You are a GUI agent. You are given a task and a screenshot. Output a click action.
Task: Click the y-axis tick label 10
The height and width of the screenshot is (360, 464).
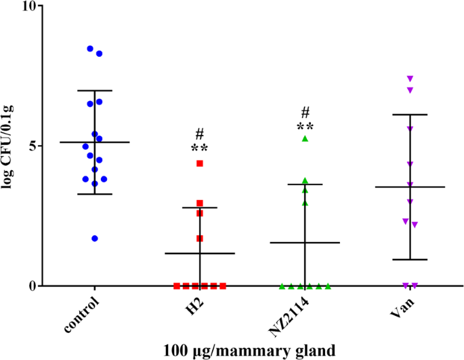click(x=30, y=6)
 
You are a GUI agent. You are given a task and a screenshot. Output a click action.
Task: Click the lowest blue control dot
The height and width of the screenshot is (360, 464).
click(x=95, y=239)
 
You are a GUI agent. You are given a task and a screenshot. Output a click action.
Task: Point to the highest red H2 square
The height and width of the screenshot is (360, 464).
click(x=200, y=163)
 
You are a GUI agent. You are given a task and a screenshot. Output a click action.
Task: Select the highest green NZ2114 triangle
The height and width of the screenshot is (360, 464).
click(x=305, y=138)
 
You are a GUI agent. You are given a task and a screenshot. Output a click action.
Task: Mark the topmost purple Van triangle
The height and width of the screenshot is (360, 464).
click(x=410, y=79)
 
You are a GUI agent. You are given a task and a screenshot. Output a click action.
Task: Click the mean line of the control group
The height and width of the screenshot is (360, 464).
click(x=95, y=142)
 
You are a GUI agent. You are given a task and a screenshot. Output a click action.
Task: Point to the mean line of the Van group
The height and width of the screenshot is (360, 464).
click(x=410, y=186)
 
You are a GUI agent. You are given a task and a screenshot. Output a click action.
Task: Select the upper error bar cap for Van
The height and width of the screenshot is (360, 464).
click(x=410, y=115)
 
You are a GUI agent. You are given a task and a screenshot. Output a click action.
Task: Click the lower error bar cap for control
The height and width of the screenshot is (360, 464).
click(x=95, y=194)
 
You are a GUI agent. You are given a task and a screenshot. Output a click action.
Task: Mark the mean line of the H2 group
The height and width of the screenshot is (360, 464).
click(x=200, y=253)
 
